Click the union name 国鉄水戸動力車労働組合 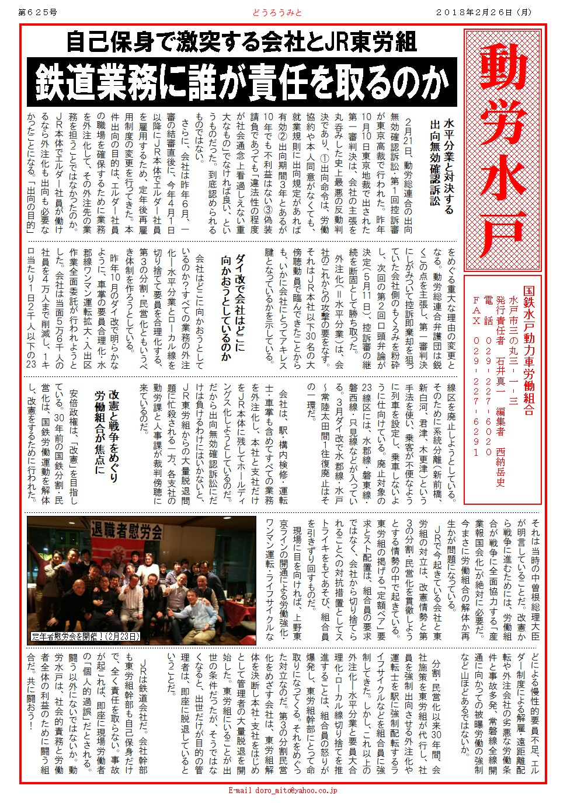528,350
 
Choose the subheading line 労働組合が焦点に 99,432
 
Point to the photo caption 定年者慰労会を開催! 86,637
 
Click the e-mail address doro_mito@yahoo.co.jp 283,790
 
